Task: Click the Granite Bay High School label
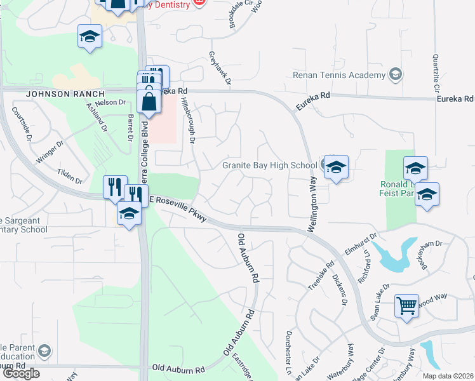click(x=269, y=166)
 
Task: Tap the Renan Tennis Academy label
click(x=339, y=76)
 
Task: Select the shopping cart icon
click(x=406, y=305)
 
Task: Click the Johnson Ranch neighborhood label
click(x=65, y=94)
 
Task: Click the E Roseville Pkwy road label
click(x=178, y=208)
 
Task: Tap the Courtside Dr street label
click(x=22, y=120)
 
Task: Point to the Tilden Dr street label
click(x=70, y=175)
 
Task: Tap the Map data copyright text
click(x=447, y=376)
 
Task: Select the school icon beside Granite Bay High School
click(x=336, y=168)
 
